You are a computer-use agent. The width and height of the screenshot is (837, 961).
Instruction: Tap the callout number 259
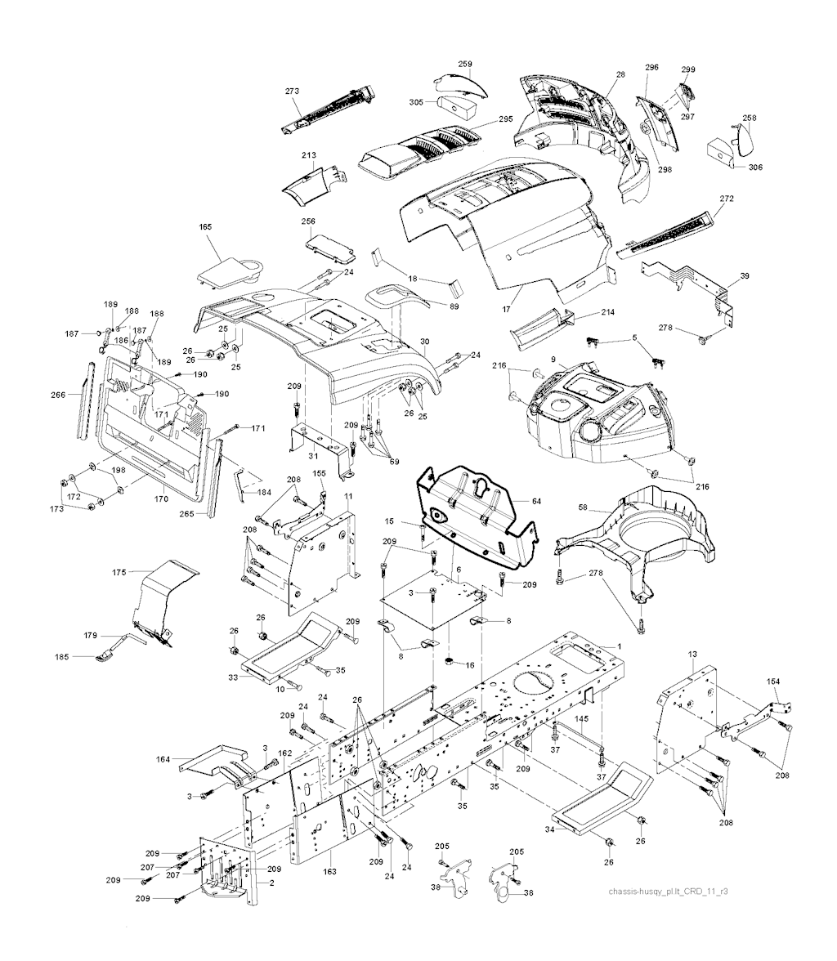click(464, 64)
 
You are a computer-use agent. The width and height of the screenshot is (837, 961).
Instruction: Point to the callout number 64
click(536, 501)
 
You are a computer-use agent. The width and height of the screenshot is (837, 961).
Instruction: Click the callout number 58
click(560, 508)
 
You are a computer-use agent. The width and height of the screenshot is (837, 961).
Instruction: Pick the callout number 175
click(119, 573)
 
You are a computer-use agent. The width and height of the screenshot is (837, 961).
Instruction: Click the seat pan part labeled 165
click(229, 268)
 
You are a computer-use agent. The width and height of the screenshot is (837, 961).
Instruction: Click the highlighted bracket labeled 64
click(478, 515)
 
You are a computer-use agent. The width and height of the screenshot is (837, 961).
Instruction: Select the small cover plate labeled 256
click(327, 243)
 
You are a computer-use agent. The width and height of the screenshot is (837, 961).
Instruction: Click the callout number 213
click(309, 154)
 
